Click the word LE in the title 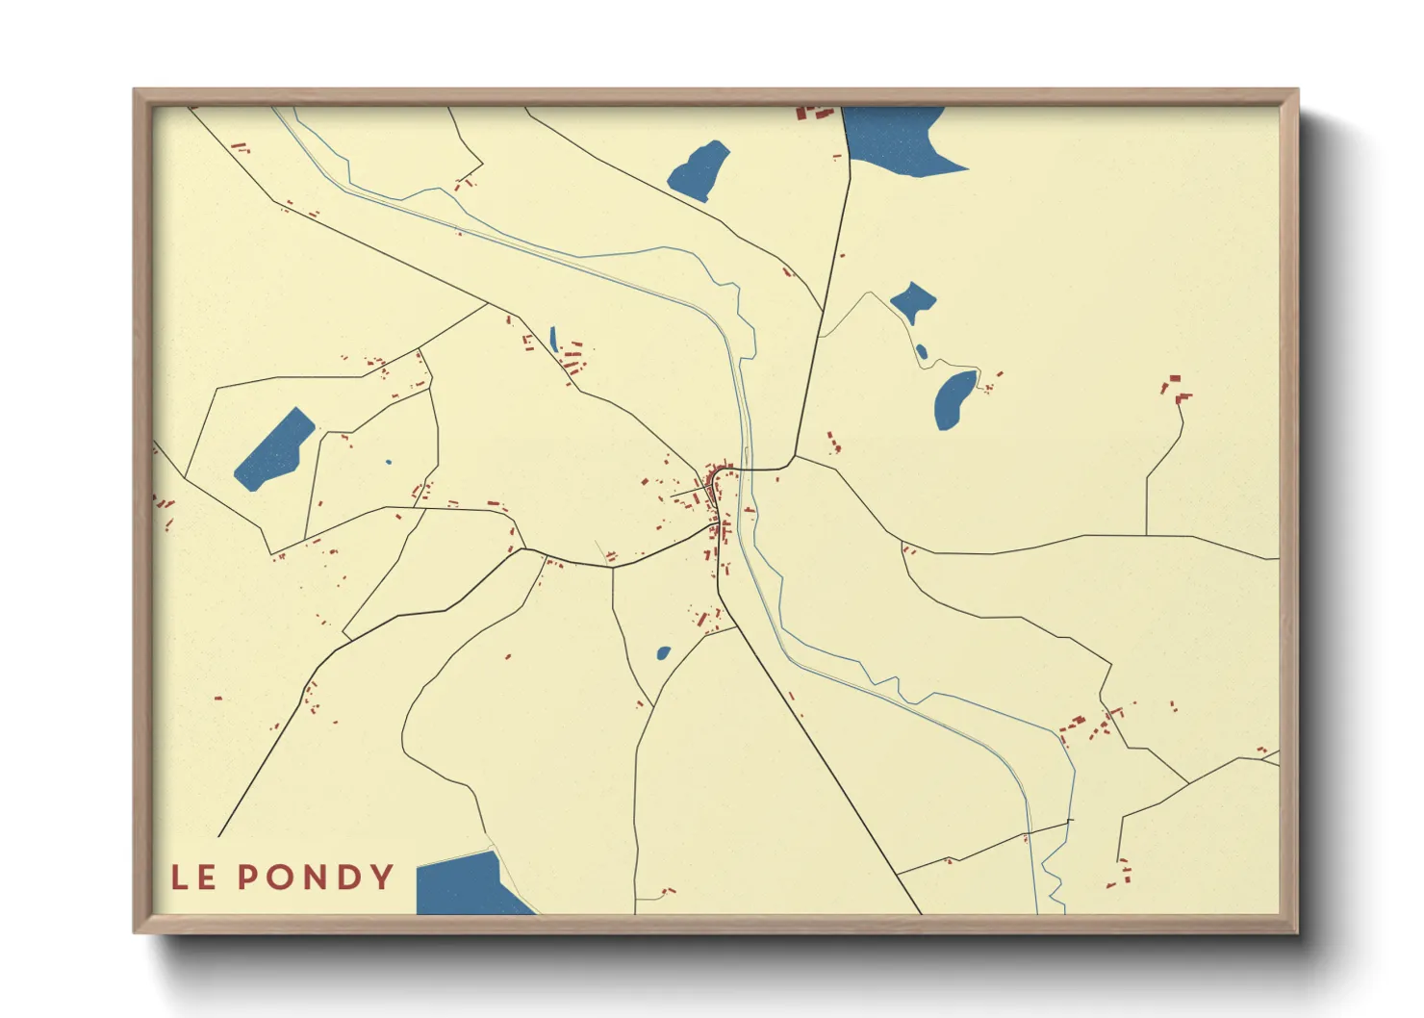tap(192, 878)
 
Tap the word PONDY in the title tap(316, 878)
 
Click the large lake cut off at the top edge tap(895, 140)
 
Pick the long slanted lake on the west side tap(274, 448)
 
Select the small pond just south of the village tap(663, 653)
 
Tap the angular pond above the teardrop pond tap(912, 301)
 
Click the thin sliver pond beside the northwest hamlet tap(553, 340)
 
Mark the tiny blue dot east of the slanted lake tap(389, 462)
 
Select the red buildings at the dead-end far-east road tap(1175, 388)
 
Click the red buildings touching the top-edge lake tap(812, 113)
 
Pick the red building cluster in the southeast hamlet tap(1087, 728)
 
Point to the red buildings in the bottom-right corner tap(1122, 873)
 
